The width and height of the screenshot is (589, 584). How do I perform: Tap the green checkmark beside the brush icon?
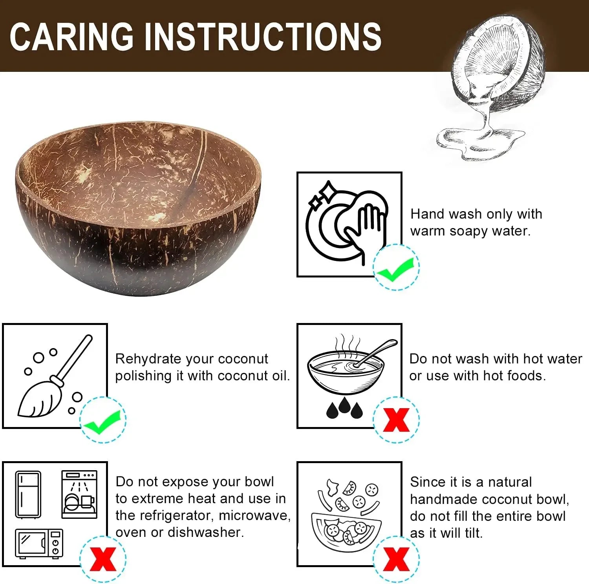[x=103, y=421]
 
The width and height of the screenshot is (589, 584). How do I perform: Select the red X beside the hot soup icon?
[x=396, y=420]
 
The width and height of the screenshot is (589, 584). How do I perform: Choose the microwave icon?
[x=39, y=544]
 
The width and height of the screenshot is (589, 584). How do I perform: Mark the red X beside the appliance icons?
[x=103, y=558]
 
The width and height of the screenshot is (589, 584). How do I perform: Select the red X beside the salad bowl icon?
[x=396, y=558]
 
